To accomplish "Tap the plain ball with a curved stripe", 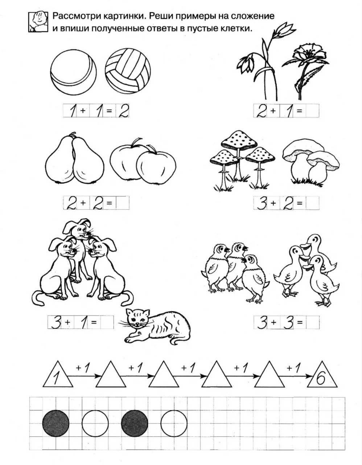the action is pyautogui.click(x=73, y=73).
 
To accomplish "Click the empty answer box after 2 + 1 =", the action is pyautogui.click(x=312, y=111).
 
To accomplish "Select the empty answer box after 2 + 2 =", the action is pyautogui.click(x=123, y=202).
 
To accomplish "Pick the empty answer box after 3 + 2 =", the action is pyautogui.click(x=312, y=202).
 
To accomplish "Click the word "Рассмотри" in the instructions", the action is pyautogui.click(x=78, y=16).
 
